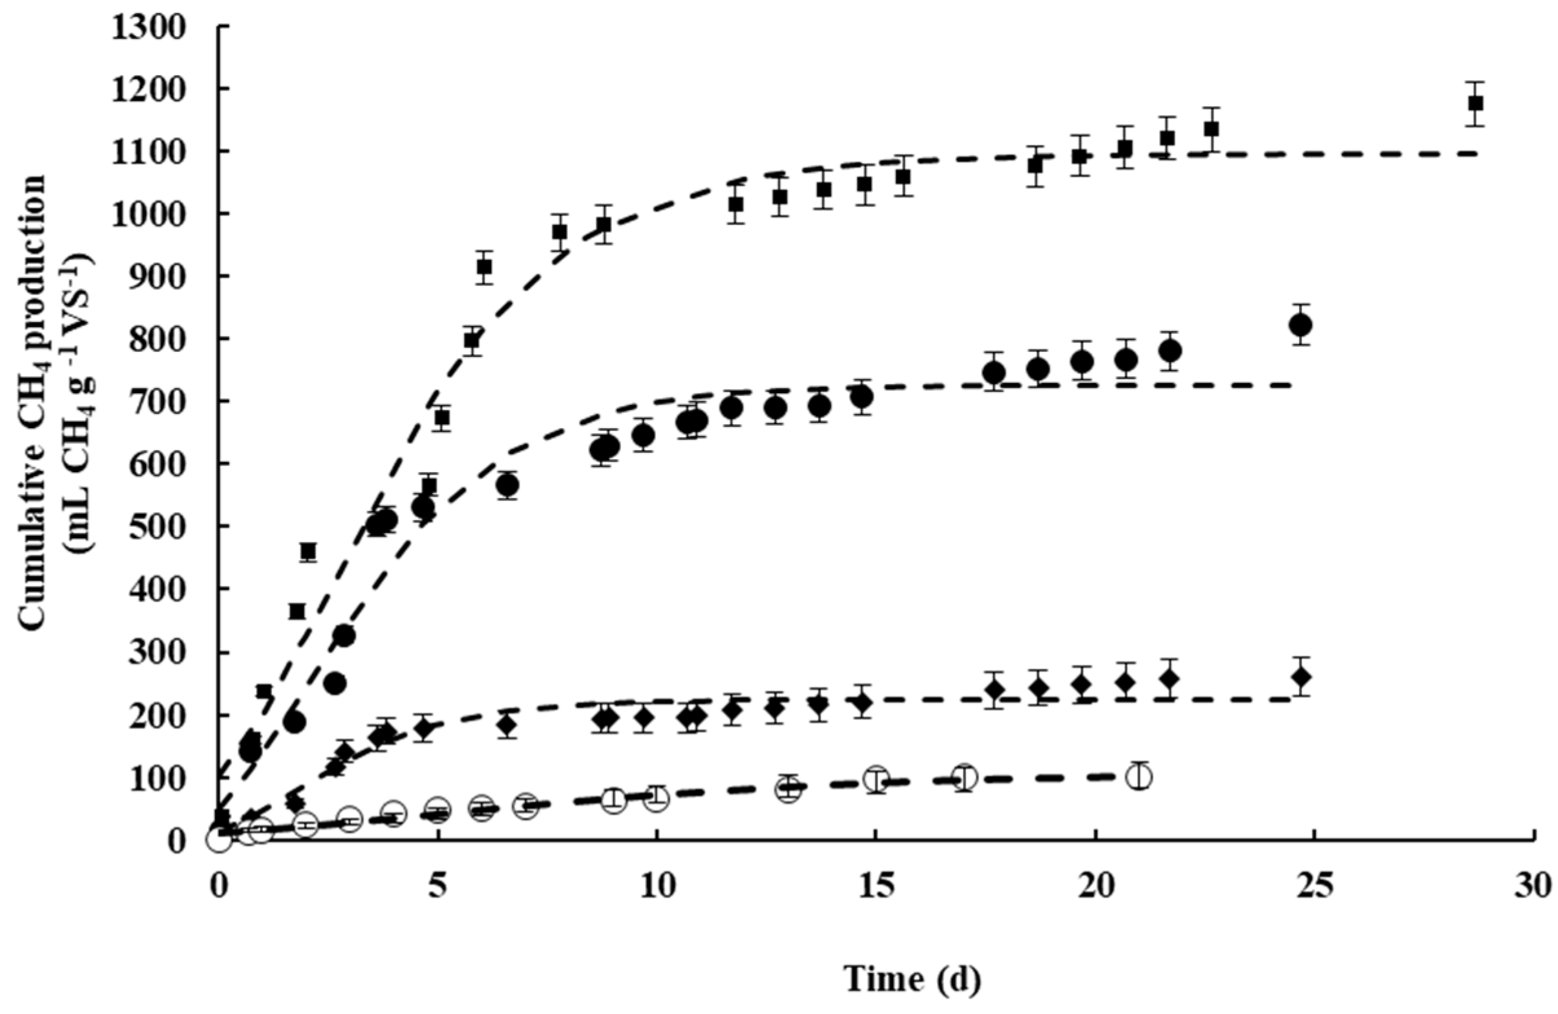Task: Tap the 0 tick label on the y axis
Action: point(195,840)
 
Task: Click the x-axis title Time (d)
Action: point(912,978)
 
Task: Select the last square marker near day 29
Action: point(1489,103)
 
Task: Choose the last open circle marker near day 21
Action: point(1140,777)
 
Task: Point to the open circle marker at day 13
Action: point(789,790)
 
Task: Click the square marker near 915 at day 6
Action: point(485,267)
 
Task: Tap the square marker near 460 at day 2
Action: point(308,552)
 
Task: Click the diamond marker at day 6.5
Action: point(507,725)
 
